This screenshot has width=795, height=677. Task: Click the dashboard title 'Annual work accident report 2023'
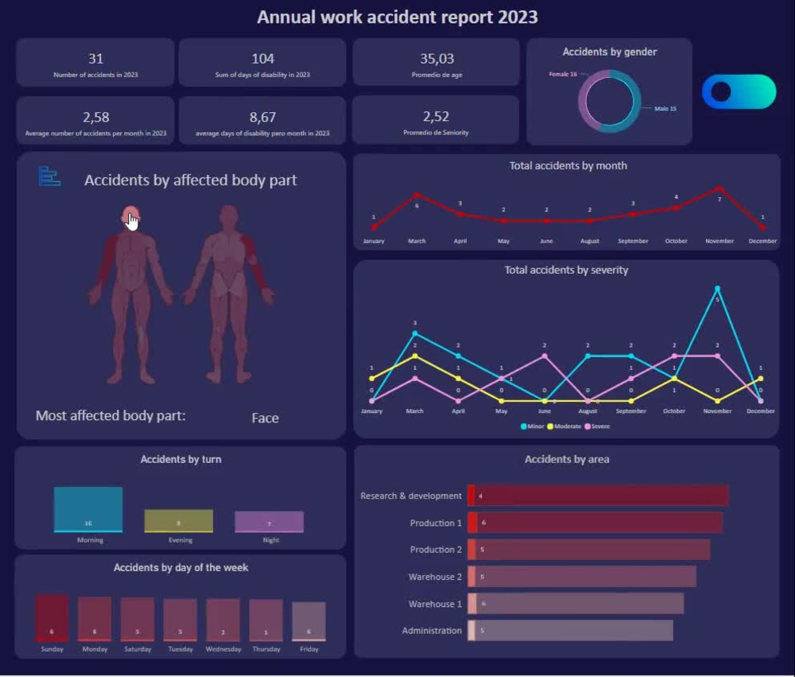pyautogui.click(x=397, y=17)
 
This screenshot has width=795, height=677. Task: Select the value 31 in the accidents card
pyautogui.click(x=95, y=58)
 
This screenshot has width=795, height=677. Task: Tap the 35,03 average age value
pyautogui.click(x=436, y=58)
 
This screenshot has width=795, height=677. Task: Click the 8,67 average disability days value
pyautogui.click(x=262, y=117)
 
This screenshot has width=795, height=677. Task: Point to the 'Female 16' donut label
pyautogui.click(x=563, y=74)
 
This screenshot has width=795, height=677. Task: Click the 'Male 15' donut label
pyautogui.click(x=665, y=108)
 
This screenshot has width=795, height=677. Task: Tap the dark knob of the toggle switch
pyautogui.click(x=721, y=92)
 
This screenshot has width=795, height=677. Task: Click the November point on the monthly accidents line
pyautogui.click(x=719, y=189)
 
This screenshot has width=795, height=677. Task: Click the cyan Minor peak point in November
pyautogui.click(x=717, y=289)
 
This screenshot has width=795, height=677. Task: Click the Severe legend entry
pyautogui.click(x=599, y=426)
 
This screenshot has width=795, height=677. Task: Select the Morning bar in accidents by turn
pyautogui.click(x=88, y=509)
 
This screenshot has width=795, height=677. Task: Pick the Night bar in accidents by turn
pyautogui.click(x=270, y=522)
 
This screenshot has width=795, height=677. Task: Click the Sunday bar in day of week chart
pyautogui.click(x=52, y=618)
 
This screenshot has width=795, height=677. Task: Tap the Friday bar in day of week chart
pyautogui.click(x=308, y=621)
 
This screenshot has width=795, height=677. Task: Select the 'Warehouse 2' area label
pyautogui.click(x=435, y=577)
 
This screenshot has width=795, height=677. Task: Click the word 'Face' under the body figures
pyautogui.click(x=265, y=418)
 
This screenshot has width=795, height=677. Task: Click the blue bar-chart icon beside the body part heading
pyautogui.click(x=49, y=176)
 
